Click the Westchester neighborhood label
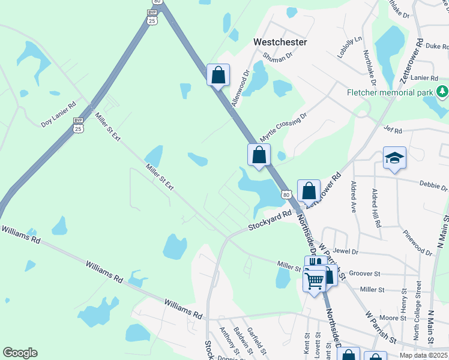point(280,43)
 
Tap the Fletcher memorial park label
point(390,93)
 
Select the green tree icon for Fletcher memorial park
point(442,91)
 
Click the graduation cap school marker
point(394,158)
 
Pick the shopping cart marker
point(315,280)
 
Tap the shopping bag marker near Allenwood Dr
point(218,76)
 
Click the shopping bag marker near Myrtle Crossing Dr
point(259,155)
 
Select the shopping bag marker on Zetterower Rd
point(309,191)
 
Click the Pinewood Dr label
point(418,242)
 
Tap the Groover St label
point(365,273)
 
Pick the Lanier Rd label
point(426,77)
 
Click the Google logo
point(20,353)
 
